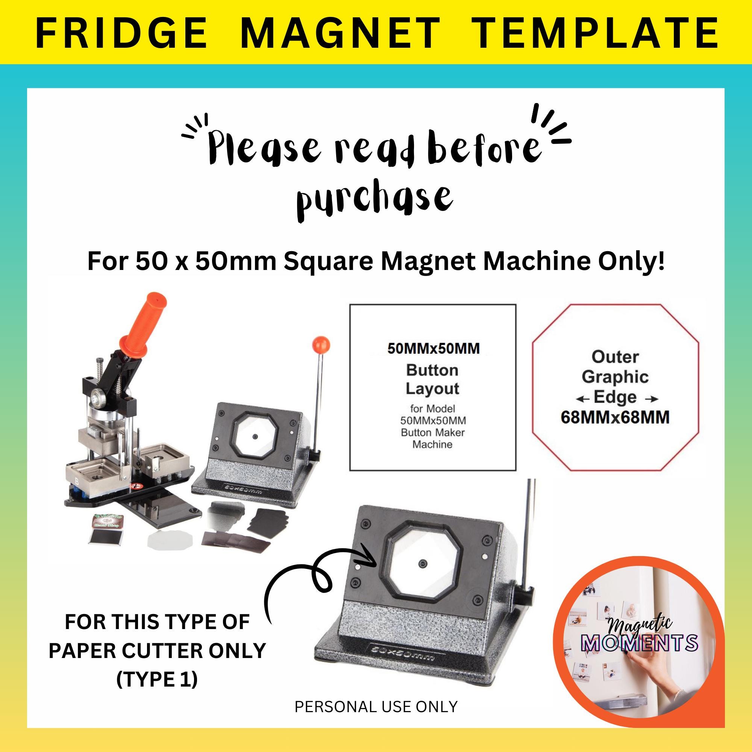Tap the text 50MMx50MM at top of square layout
[x=433, y=349]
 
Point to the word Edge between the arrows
[x=615, y=397]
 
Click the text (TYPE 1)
[x=157, y=679]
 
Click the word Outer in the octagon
[x=615, y=356]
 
